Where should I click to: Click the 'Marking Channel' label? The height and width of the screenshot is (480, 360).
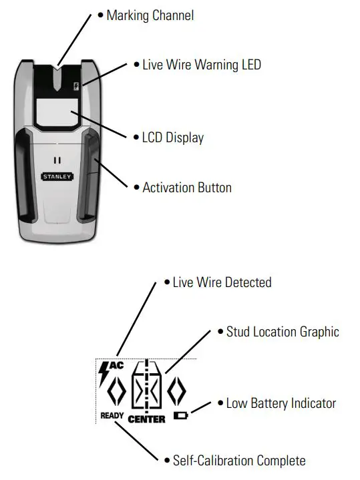[x=150, y=15]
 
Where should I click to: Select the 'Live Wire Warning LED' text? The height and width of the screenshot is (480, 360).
[x=201, y=65]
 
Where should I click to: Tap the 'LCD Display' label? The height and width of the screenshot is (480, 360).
[x=172, y=138]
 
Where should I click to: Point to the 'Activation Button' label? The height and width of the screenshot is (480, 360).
[x=186, y=188]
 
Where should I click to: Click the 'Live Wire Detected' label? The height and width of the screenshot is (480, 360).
[x=222, y=282]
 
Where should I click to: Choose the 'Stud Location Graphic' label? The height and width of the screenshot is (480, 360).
[x=282, y=332]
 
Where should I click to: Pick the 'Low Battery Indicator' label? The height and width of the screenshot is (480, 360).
[x=281, y=403]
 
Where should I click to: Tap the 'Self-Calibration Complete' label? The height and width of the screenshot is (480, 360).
[x=238, y=461]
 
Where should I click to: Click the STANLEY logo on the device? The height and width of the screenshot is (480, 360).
[x=57, y=178]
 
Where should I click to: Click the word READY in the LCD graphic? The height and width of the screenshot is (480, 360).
[x=112, y=415]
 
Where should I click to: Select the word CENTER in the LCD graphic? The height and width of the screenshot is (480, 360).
[x=146, y=419]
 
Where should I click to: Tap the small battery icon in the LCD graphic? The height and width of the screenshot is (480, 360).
[x=180, y=415]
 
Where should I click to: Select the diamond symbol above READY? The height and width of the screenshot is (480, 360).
[x=116, y=391]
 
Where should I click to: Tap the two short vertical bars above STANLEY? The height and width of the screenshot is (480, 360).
[x=57, y=161]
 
